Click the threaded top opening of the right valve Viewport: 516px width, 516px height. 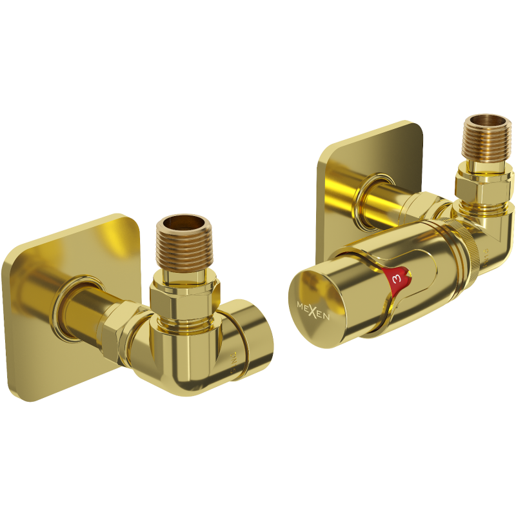tap(487, 123)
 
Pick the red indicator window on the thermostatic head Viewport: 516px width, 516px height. tap(395, 279)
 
